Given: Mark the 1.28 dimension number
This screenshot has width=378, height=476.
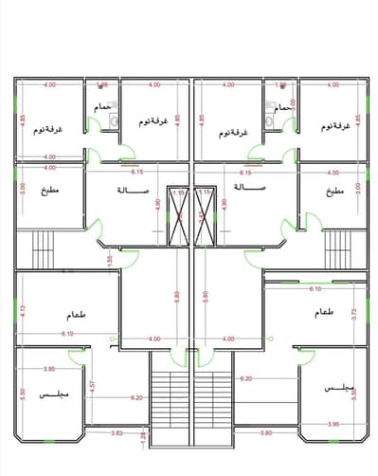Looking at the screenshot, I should (144, 436).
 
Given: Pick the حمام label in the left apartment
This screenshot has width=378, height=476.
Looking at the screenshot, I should (103, 109).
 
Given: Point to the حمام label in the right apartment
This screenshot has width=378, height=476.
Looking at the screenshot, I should (281, 109).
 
